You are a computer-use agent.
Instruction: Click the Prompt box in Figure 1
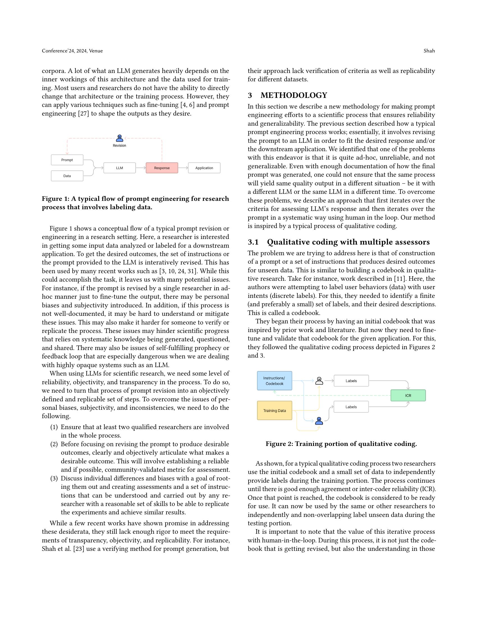point(67,160)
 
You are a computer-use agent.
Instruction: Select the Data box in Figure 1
point(67,176)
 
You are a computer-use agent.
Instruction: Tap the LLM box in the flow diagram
point(119,168)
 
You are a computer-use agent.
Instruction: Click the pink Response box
point(162,168)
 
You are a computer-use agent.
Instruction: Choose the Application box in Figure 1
point(204,168)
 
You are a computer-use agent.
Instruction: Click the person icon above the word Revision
point(120,138)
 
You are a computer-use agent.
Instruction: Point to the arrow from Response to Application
point(183,168)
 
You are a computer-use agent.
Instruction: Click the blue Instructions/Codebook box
point(274,381)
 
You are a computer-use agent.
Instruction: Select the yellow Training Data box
point(274,411)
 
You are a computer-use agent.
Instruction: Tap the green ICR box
point(408,395)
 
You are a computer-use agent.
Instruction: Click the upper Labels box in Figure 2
point(351,381)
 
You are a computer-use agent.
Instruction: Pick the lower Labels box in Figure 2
point(351,407)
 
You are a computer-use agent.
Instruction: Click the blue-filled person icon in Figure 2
point(319,421)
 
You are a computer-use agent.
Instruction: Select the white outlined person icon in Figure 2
point(319,381)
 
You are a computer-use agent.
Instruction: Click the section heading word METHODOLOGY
point(293,95)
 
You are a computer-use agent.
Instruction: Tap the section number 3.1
point(253,242)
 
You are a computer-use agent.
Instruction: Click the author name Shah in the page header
point(429,51)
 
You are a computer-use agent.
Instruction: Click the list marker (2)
point(54,444)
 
